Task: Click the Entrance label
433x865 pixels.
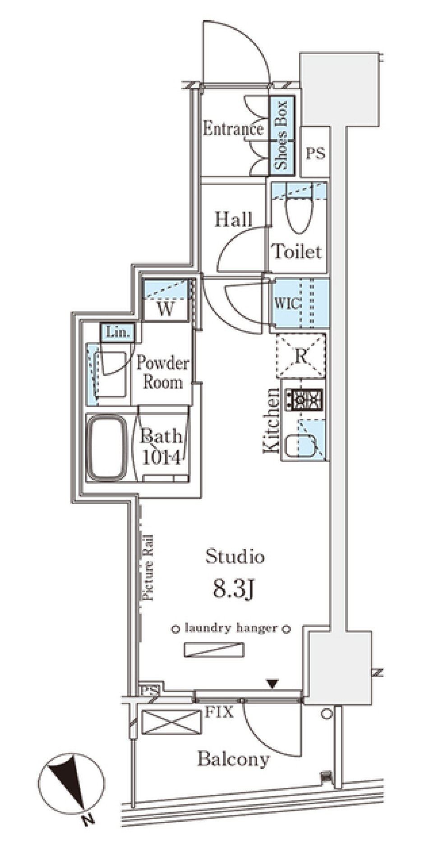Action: pyautogui.click(x=233, y=129)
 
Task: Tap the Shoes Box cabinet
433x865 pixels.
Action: pyautogui.click(x=282, y=136)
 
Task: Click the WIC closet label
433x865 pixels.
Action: pyautogui.click(x=287, y=303)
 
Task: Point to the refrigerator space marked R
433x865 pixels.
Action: pyautogui.click(x=301, y=355)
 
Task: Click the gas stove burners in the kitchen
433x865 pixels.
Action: pyautogui.click(x=307, y=399)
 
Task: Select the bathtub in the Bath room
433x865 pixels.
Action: pyautogui.click(x=107, y=448)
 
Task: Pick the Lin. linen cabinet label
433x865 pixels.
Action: pyautogui.click(x=118, y=332)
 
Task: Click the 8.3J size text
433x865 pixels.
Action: pyautogui.click(x=234, y=589)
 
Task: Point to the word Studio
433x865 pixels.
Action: pyautogui.click(x=235, y=556)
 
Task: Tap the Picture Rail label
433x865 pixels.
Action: pyautogui.click(x=147, y=567)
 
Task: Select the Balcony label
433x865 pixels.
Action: pyautogui.click(x=234, y=760)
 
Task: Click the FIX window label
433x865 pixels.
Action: pyautogui.click(x=219, y=712)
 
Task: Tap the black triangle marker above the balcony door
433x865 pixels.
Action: pyautogui.click(x=272, y=683)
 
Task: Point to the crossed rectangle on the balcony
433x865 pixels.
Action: pyautogui.click(x=171, y=722)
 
